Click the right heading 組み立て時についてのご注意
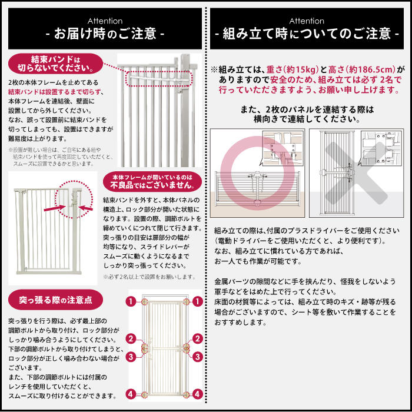coord(307,34)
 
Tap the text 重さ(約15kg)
coord(284,69)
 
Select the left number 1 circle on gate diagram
coord(131,301)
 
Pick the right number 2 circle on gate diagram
coord(198,339)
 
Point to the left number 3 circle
coord(131,356)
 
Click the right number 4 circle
coord(198,394)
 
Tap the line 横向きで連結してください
coord(308,119)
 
